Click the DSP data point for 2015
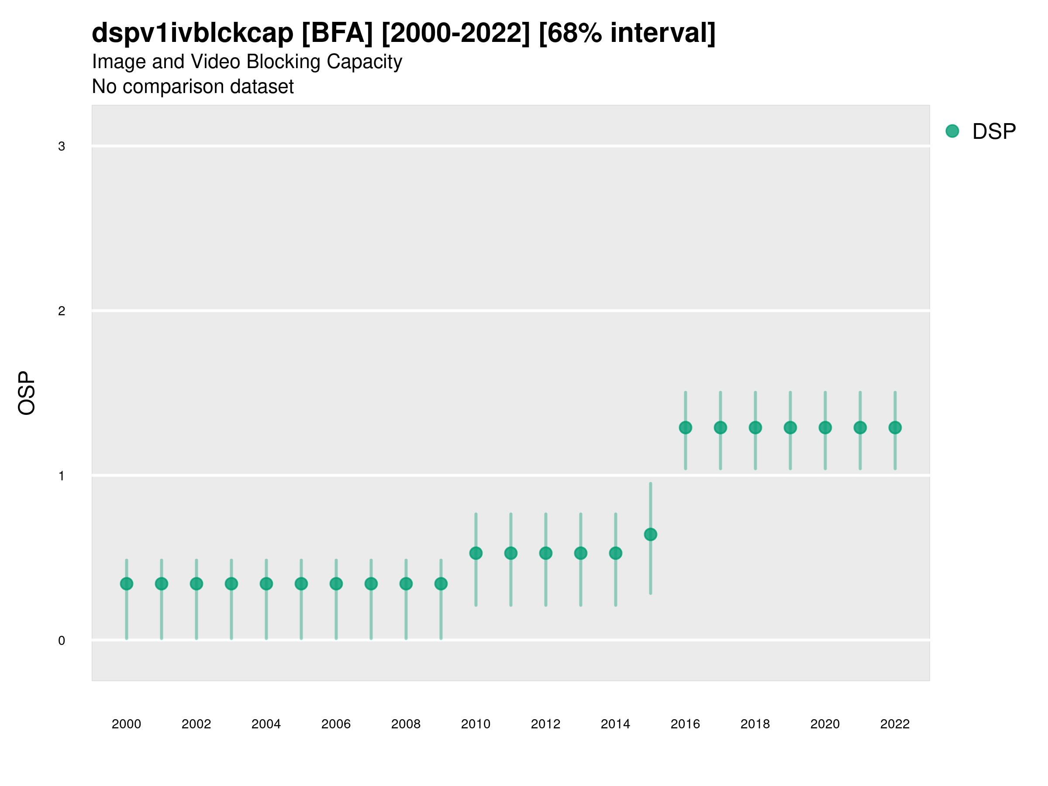point(651,534)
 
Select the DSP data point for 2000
point(127,584)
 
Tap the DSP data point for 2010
point(476,553)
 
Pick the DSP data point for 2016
point(686,428)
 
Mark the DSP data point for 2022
point(895,428)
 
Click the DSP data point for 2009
point(441,584)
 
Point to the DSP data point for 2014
point(615,553)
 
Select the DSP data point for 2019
point(790,428)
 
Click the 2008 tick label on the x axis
point(406,724)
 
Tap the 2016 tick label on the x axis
point(686,724)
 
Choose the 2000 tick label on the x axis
point(127,724)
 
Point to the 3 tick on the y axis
point(62,146)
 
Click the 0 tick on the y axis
point(62,641)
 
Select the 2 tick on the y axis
point(62,311)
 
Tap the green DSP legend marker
point(952,131)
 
